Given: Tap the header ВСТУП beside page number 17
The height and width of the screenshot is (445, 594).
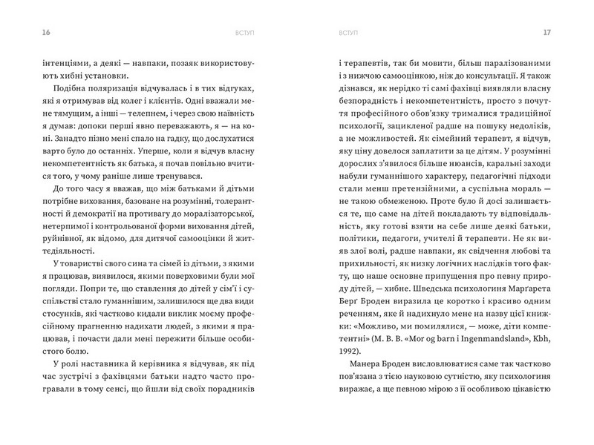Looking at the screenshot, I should click(347, 33).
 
